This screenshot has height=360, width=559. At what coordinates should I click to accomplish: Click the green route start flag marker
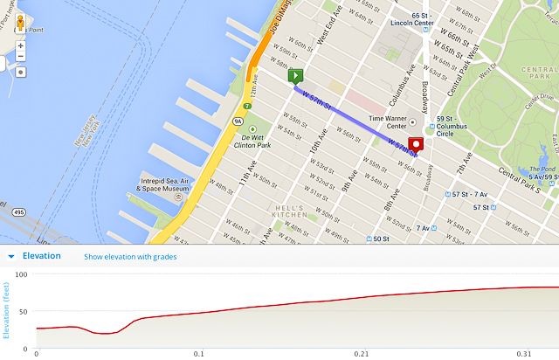click(x=296, y=78)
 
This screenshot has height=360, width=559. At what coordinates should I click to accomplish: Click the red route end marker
click(x=417, y=145)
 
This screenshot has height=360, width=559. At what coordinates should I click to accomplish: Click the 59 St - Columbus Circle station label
click(x=457, y=123)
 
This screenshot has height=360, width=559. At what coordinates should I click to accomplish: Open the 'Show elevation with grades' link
click(x=130, y=257)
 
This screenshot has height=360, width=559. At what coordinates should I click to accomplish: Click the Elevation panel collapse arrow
click(x=10, y=257)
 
